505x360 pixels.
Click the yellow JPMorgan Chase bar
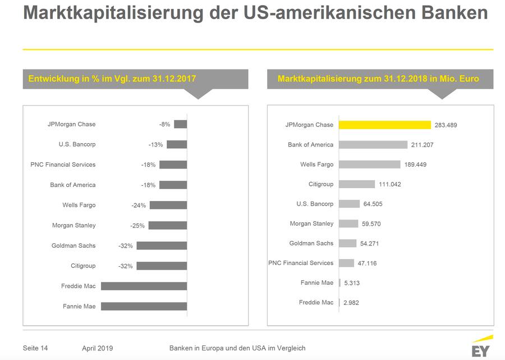point(385,125)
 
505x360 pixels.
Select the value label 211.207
point(422,145)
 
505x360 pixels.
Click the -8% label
point(164,125)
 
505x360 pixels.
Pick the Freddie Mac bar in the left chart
point(144,286)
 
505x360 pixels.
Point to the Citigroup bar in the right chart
point(357,184)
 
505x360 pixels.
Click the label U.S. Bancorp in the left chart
point(77,144)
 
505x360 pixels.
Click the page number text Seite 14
point(35,348)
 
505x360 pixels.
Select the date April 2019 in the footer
point(97,348)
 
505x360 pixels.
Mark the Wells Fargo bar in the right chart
point(370,165)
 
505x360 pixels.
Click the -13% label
point(156,145)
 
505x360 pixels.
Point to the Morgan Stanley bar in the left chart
point(168,225)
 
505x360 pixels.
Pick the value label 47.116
point(369,263)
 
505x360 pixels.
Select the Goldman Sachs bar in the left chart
point(162,245)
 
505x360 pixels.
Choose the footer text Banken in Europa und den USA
point(237,348)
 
